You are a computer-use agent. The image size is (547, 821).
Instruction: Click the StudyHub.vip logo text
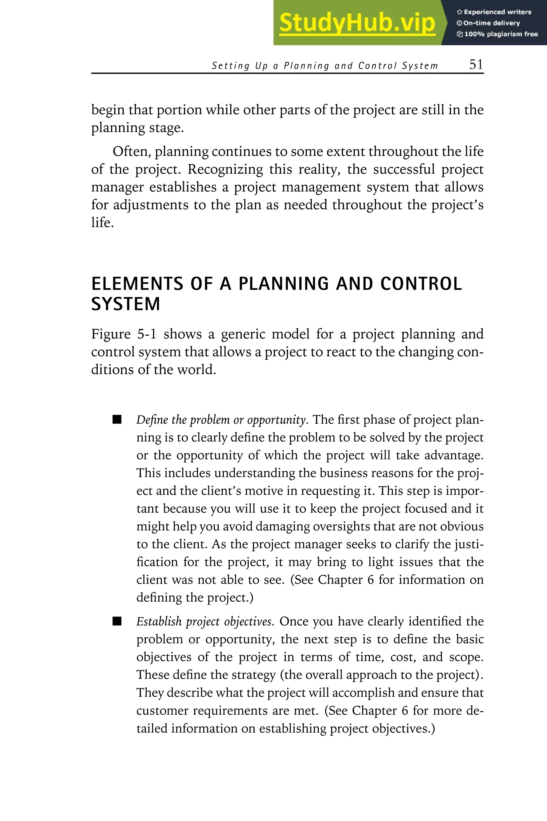357,23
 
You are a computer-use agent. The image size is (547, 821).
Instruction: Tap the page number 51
476,65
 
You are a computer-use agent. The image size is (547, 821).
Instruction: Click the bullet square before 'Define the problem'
117,419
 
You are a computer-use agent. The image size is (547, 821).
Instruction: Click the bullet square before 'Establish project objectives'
117,621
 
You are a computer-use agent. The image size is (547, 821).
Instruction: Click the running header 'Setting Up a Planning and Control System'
325,66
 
